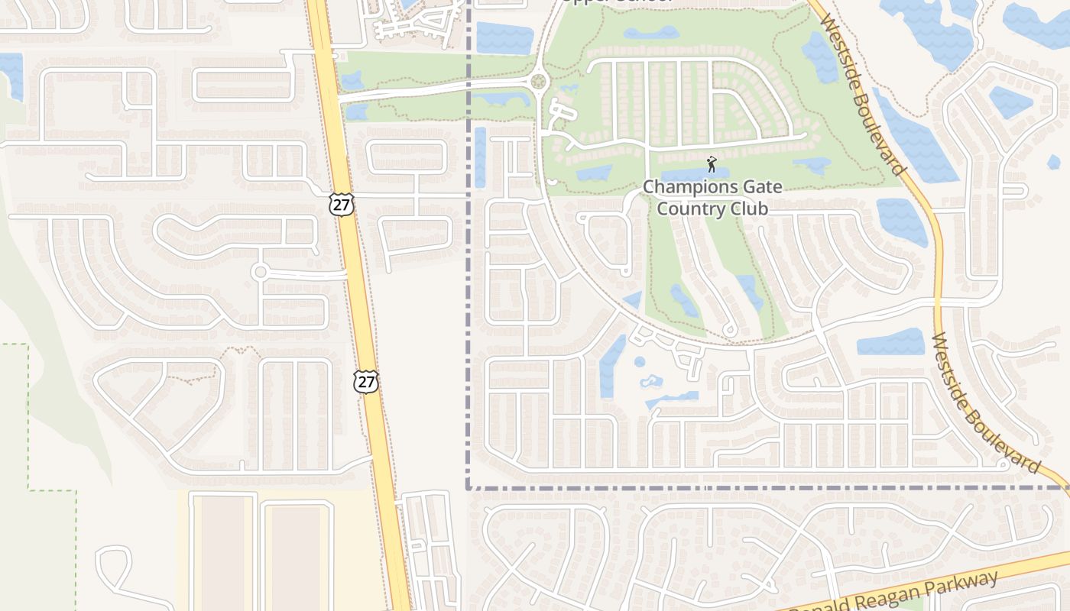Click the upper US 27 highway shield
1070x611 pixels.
coord(342,204)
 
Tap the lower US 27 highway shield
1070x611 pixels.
coord(367,381)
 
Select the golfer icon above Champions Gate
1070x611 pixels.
coord(712,164)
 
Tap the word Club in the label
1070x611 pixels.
coord(749,208)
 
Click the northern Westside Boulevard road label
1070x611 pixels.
coord(862,92)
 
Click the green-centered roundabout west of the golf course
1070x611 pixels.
coord(539,81)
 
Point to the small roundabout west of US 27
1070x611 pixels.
coord(260,272)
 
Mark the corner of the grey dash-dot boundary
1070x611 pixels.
coord(468,487)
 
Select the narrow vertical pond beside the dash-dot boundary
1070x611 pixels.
coord(480,157)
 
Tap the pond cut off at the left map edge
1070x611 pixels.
coord(11,75)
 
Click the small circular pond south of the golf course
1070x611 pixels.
coord(640,361)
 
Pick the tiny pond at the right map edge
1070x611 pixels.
coord(1054,162)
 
